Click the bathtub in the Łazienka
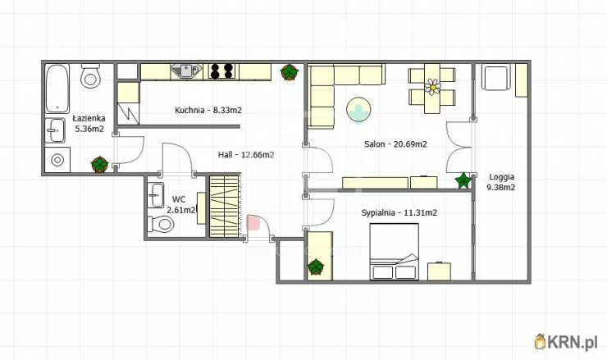[x=57, y=89]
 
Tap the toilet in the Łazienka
[x=90, y=76]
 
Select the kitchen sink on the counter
[x=186, y=71]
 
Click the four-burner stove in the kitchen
[x=221, y=71]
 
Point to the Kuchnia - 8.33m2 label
[x=208, y=111]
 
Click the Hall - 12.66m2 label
[x=246, y=155]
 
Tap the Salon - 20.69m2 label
[x=395, y=144]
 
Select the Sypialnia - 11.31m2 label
[x=399, y=212]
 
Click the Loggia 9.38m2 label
[x=501, y=182]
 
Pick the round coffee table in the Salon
[x=358, y=110]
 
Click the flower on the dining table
[x=433, y=87]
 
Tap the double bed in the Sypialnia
[x=394, y=252]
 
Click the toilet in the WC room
[x=161, y=224]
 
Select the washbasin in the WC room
[x=156, y=194]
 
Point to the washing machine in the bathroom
[x=57, y=159]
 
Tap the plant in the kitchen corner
[x=290, y=72]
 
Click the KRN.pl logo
[x=566, y=341]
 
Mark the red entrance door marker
[x=253, y=222]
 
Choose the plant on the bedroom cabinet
[x=316, y=267]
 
